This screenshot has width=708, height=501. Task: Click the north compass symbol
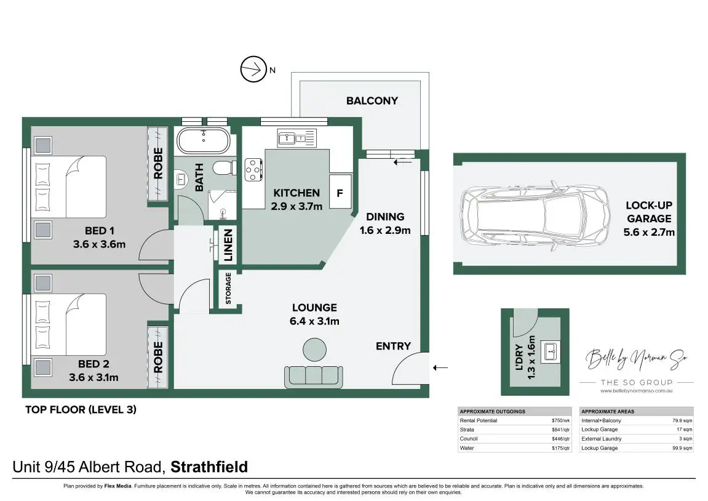(x=252, y=70)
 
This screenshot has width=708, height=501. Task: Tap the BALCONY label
(x=372, y=100)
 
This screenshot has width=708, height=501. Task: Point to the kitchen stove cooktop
(x=253, y=170)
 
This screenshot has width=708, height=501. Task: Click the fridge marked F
(x=339, y=191)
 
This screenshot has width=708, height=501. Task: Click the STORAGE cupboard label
(x=228, y=289)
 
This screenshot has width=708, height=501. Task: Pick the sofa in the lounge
(x=313, y=375)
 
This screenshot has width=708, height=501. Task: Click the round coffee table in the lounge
(x=314, y=350)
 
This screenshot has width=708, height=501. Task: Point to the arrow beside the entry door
(x=440, y=368)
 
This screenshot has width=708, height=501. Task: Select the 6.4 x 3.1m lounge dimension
(x=314, y=321)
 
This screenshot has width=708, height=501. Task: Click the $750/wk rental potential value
(x=562, y=420)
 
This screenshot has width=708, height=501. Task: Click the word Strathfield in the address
(x=209, y=467)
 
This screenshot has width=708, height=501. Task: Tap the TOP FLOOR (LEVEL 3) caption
(x=80, y=409)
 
